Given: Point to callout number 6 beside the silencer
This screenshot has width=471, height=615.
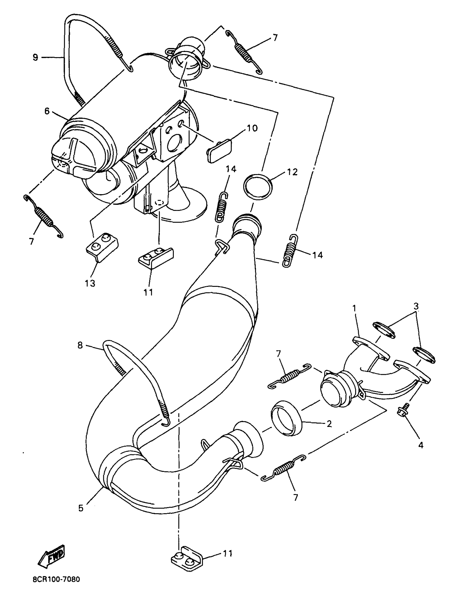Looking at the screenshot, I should coord(47,111).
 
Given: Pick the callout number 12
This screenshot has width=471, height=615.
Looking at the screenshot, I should coord(292,172).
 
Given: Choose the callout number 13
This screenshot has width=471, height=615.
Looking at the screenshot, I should coord(90,283).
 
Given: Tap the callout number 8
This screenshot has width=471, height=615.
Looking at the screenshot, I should coord(80,345).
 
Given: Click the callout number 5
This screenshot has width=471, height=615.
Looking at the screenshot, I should coord(81,508).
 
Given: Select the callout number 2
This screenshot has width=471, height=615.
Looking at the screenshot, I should coord(329,424).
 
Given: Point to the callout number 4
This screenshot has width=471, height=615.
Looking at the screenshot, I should coord(421,445).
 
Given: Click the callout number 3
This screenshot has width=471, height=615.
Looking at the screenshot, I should coord(416,306).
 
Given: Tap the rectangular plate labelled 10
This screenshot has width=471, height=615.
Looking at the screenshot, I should coord(220,150).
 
